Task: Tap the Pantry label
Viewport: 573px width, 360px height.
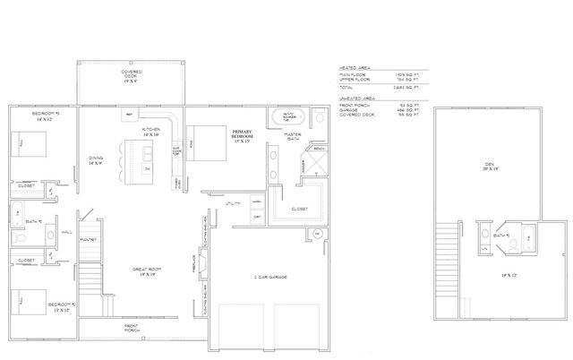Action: click(87, 240)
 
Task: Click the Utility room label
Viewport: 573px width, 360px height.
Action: click(233, 204)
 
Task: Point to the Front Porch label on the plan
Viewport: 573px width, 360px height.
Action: click(132, 329)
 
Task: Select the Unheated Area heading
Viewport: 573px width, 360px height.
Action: click(356, 99)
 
